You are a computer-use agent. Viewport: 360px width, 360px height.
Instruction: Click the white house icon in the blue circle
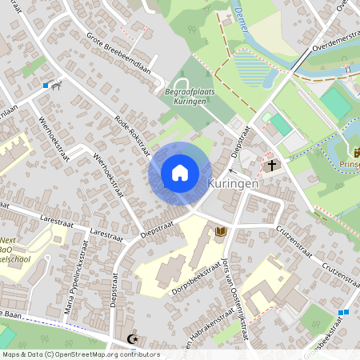180,173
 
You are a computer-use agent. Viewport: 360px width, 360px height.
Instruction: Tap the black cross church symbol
272,166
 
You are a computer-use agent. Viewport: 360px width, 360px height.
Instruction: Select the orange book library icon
222,231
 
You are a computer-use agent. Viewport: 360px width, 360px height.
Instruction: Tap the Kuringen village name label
233,183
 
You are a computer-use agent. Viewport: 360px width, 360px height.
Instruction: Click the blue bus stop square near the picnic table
46,84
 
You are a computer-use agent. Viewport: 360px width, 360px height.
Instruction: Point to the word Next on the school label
8,241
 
